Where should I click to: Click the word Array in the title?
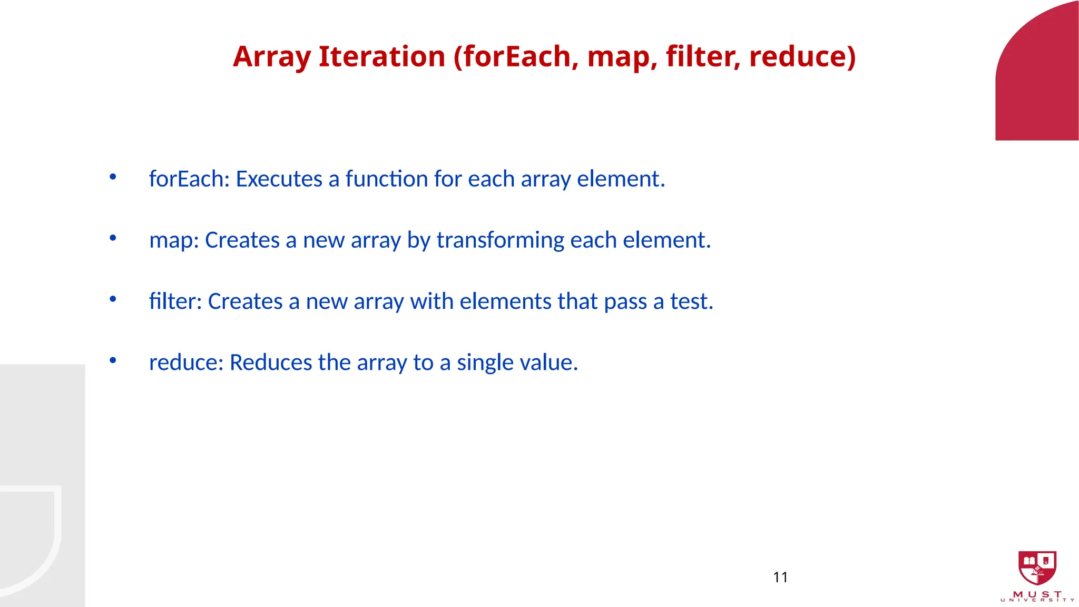tap(271, 57)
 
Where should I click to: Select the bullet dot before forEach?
tap(113, 177)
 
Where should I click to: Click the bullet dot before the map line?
tap(113, 238)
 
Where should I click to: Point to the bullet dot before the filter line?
tap(113, 299)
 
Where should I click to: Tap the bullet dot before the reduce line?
tap(113, 360)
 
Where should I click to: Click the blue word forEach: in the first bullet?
tap(189, 179)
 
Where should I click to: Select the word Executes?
tap(279, 179)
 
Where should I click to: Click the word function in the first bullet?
tap(386, 179)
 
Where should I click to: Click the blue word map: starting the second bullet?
tap(174, 240)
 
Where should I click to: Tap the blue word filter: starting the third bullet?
tap(175, 301)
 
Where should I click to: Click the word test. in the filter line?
tap(691, 301)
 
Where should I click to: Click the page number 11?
tap(780, 577)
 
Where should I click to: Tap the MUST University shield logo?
tap(1037, 568)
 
